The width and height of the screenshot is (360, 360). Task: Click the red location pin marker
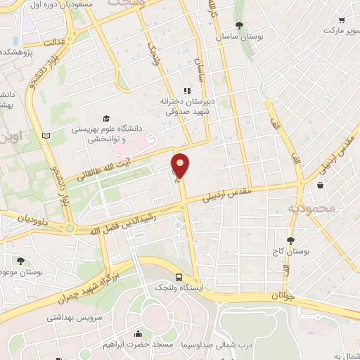(x=181, y=167)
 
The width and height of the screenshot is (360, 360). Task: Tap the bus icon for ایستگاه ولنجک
(x=179, y=277)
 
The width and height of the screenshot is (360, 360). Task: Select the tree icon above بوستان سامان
(x=240, y=25)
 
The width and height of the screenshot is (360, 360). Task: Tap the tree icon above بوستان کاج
(x=290, y=240)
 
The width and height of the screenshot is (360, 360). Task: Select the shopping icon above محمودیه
(x=321, y=186)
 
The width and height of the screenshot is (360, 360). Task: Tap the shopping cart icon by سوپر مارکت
(x=341, y=20)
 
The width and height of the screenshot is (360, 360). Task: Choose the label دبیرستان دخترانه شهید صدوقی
(x=184, y=105)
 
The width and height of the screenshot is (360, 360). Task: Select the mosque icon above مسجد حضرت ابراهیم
(x=138, y=333)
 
